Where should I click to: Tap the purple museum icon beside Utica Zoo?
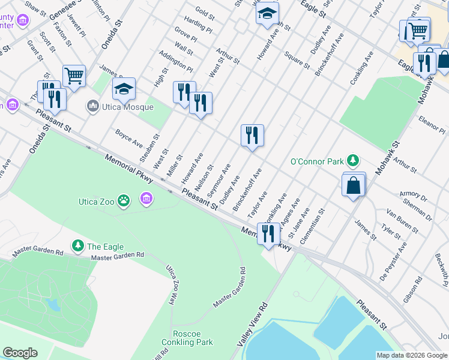[145, 199]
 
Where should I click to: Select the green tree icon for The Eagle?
[77, 246]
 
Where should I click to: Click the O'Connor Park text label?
[317, 161]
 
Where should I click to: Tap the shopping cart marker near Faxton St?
[74, 76]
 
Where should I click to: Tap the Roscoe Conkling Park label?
[187, 338]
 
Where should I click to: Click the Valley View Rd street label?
[252, 325]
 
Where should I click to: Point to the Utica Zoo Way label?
[170, 287]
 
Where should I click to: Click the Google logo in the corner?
[20, 353]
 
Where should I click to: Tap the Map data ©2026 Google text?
[412, 355]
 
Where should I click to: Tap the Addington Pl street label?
[175, 61]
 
